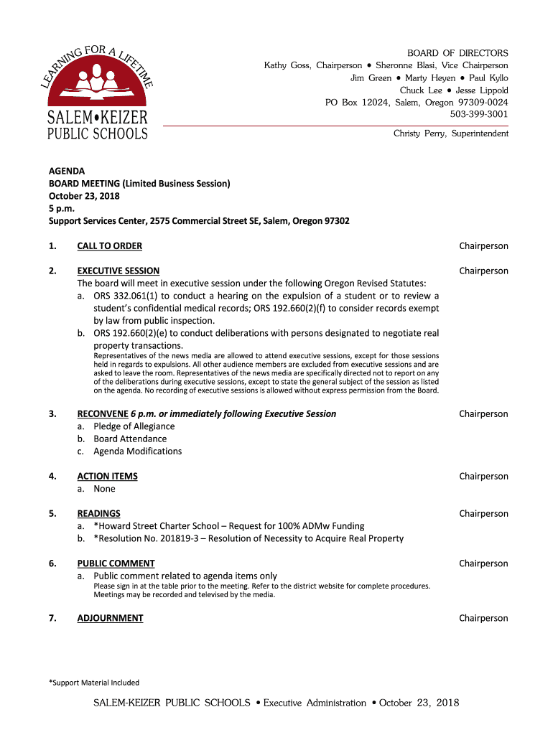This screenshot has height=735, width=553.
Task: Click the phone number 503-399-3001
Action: tap(479, 114)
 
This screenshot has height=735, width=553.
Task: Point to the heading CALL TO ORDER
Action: tap(109, 246)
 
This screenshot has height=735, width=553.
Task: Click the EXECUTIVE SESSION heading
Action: tap(118, 271)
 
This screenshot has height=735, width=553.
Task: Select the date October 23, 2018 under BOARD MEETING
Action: tap(84, 196)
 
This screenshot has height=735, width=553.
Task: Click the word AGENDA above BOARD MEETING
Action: tap(66, 172)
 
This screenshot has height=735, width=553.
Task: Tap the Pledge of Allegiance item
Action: tap(134, 426)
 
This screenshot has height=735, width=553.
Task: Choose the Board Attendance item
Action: tap(130, 439)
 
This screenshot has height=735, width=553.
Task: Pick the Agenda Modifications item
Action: tap(137, 451)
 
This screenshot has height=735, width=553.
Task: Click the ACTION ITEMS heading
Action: tap(107, 477)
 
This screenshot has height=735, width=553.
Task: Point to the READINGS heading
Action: tap(98, 514)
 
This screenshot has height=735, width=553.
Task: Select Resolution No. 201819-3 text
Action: tap(147, 538)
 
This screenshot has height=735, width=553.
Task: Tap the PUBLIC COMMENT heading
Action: tap(116, 564)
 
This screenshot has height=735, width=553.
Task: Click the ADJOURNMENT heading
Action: tap(110, 618)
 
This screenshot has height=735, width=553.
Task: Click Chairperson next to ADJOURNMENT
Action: tap(483, 618)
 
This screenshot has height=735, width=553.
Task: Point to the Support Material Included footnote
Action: tap(94, 683)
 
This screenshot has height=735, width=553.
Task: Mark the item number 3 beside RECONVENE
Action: tap(52, 414)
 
